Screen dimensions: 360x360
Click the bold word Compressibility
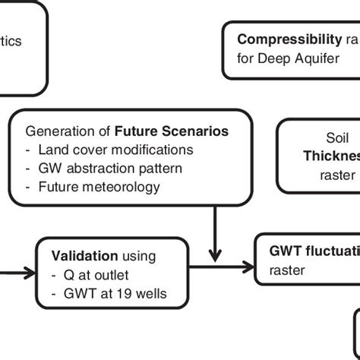point(289,39)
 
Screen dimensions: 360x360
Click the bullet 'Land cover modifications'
point(115,150)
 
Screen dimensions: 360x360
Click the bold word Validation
point(84,255)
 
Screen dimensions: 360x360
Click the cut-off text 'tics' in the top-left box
point(11,41)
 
